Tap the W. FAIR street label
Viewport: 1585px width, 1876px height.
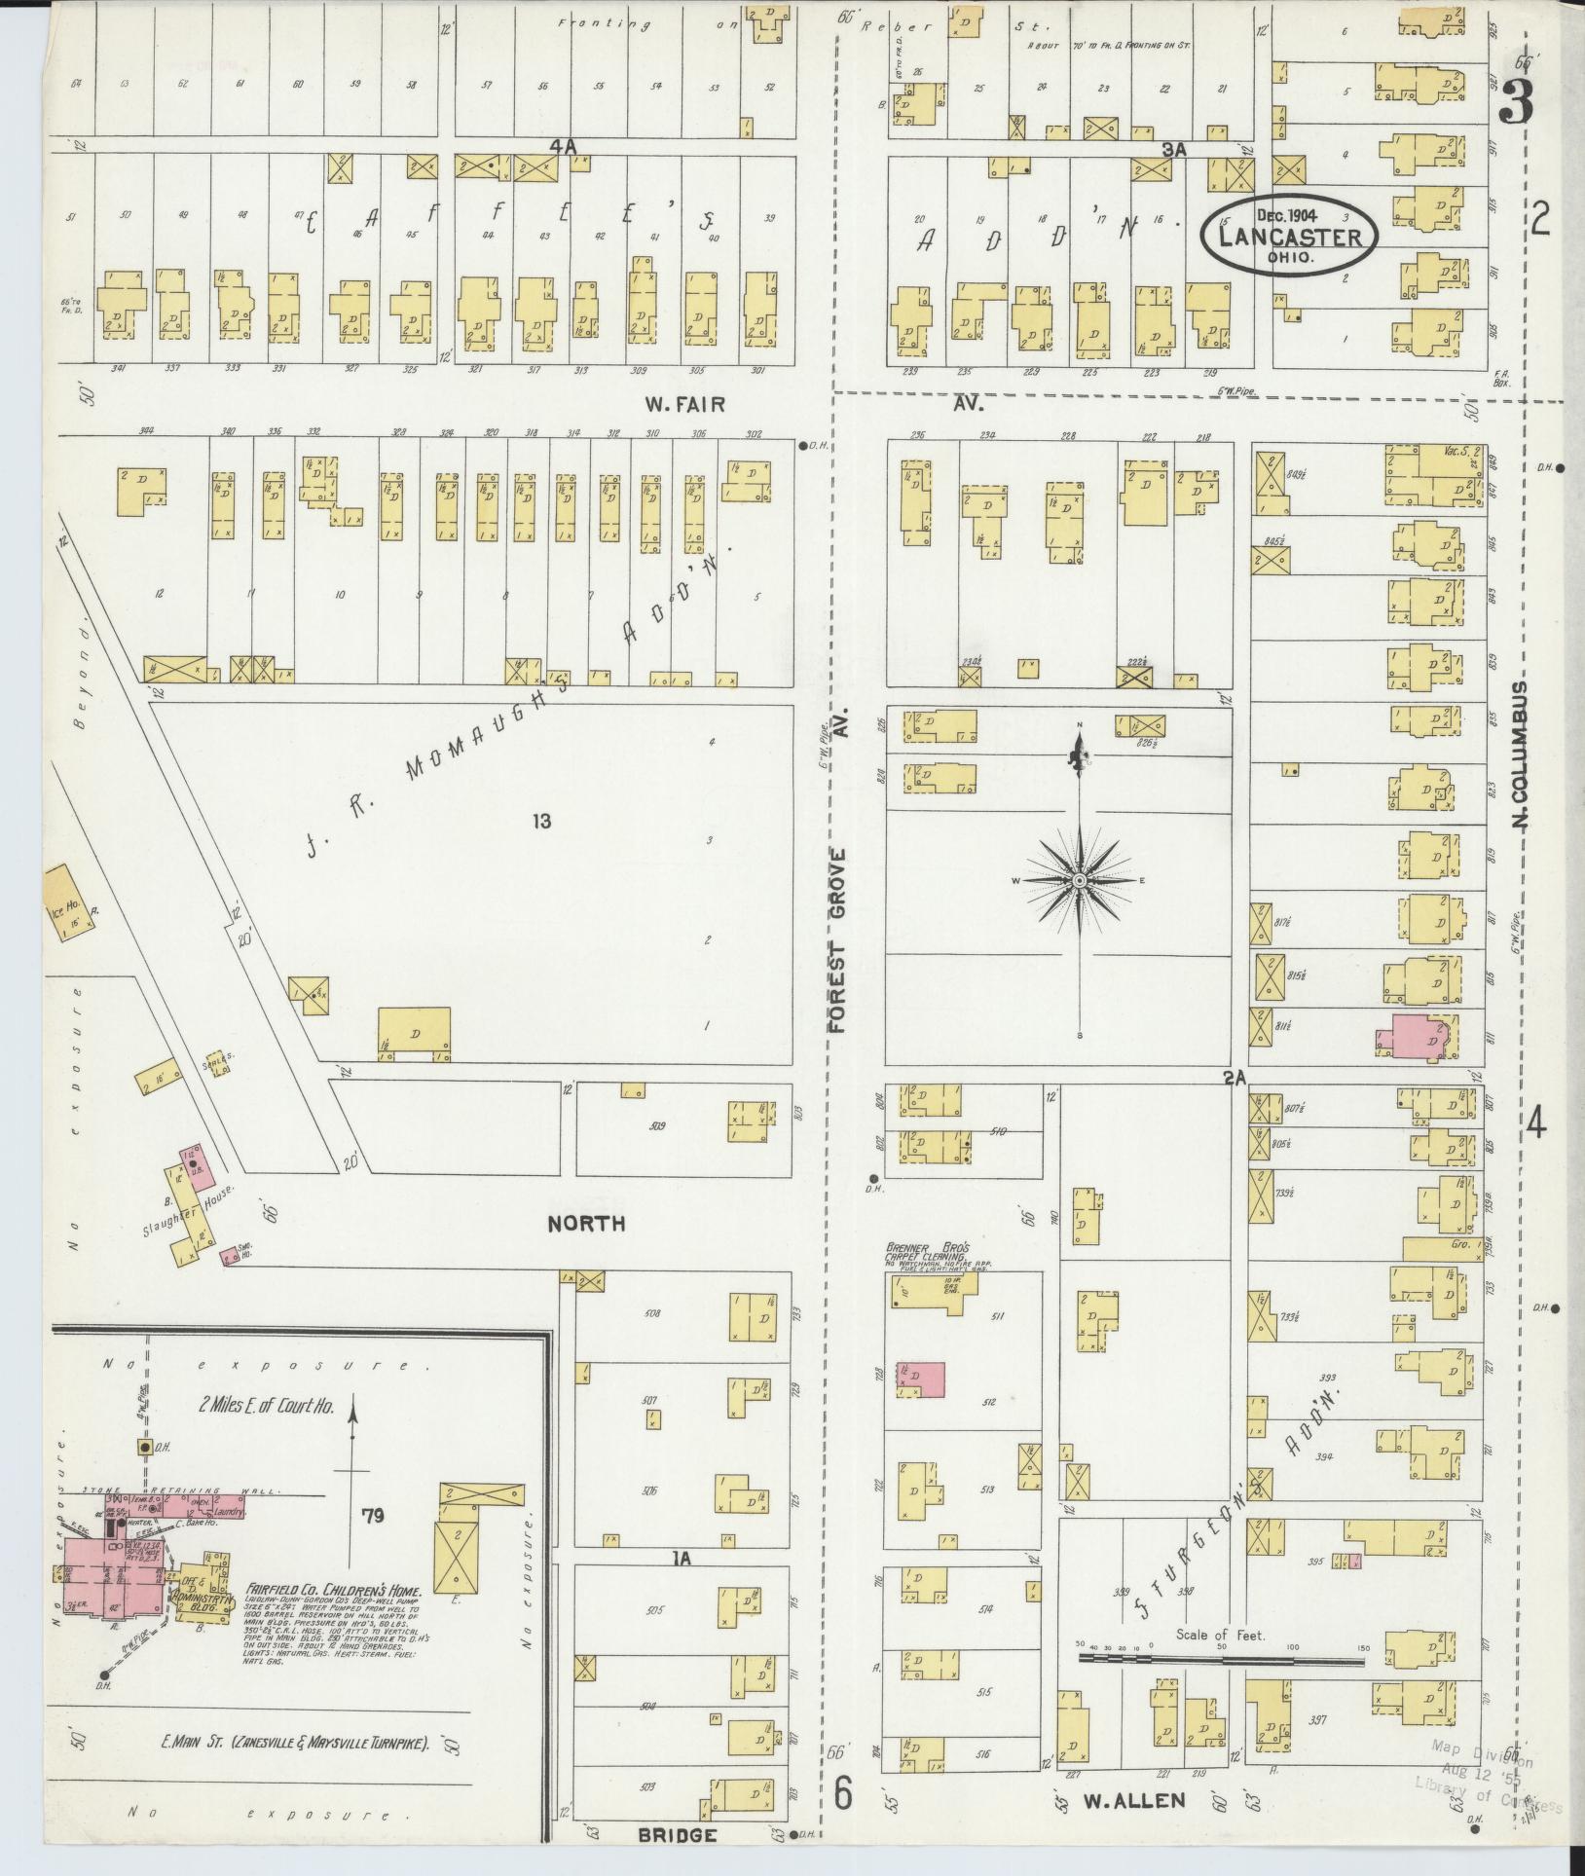pyautogui.click(x=684, y=403)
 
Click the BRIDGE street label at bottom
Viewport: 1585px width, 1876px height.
pyautogui.click(x=677, y=1835)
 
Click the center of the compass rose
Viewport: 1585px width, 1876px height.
pyautogui.click(x=1079, y=881)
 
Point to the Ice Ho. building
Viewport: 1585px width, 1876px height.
pyautogui.click(x=68, y=901)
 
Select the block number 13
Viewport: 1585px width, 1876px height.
pyautogui.click(x=541, y=822)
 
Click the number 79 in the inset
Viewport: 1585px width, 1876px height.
pyautogui.click(x=371, y=1515)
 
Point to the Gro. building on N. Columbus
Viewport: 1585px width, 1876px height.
pyautogui.click(x=1442, y=1248)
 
